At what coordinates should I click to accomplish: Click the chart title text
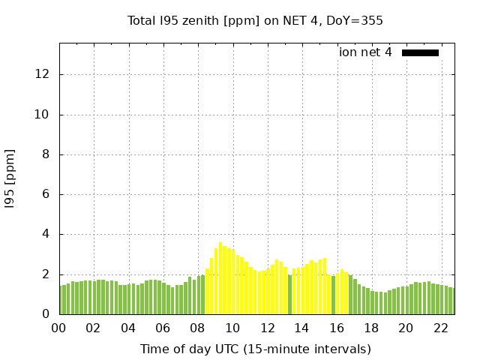coord(255,20)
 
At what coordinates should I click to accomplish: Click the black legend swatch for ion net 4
coord(420,52)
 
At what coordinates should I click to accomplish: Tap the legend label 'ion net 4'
coord(365,52)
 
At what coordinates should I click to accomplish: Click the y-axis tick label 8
coord(46,154)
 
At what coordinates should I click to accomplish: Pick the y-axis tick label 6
coord(46,194)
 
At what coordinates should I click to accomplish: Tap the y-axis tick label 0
coord(46,314)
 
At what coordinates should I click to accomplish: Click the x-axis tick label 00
coord(59,328)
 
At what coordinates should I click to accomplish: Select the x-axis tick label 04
coord(128,328)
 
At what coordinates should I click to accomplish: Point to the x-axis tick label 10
coord(232,328)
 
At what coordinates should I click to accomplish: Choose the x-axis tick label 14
coord(301,328)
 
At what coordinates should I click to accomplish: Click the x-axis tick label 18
coord(370,328)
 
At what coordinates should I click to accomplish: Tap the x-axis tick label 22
coord(440,328)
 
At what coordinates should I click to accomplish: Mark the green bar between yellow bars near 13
coord(290,295)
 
